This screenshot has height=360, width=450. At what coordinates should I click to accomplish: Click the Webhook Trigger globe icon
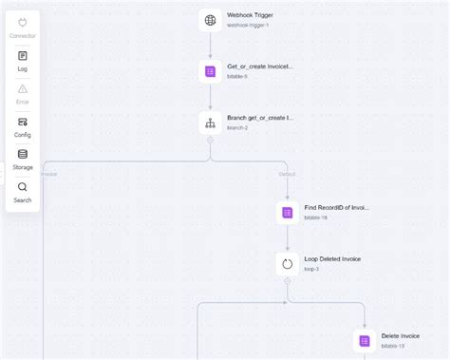click(211, 20)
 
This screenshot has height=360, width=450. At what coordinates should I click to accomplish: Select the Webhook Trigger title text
click(251, 15)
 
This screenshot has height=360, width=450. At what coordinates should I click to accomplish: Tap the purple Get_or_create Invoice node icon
click(211, 71)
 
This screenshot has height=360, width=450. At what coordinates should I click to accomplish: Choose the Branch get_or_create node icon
click(211, 123)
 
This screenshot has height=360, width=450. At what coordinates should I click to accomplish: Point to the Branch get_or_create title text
click(260, 118)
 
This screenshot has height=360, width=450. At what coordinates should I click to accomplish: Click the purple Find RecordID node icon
click(287, 212)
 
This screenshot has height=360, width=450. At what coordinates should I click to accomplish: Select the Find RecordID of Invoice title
click(336, 207)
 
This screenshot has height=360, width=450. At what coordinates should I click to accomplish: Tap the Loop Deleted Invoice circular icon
click(287, 263)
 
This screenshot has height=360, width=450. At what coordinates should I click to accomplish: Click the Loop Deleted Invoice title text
click(332, 258)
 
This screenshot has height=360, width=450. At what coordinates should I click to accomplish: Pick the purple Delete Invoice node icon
click(364, 340)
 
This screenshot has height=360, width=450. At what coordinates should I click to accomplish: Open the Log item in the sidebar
click(22, 61)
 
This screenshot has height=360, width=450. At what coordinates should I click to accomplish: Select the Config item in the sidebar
click(22, 126)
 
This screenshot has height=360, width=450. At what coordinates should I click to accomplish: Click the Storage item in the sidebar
click(22, 159)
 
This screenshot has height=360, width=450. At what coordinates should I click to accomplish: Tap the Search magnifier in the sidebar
click(22, 192)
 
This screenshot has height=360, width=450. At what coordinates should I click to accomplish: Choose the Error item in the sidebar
click(22, 93)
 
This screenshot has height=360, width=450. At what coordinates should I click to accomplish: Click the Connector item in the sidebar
click(22, 28)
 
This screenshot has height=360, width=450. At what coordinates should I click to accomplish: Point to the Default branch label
click(287, 174)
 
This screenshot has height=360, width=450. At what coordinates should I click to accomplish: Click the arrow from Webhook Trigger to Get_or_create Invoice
click(211, 46)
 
